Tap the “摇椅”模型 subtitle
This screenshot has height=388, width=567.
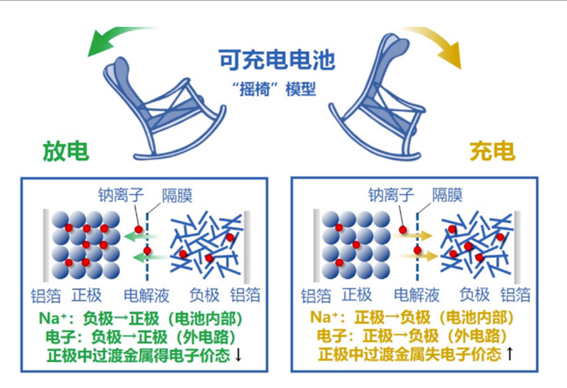(x=277, y=89)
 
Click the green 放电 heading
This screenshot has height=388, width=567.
(x=66, y=151)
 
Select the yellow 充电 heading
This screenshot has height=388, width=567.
(x=492, y=151)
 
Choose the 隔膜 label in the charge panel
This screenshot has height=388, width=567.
(x=447, y=195)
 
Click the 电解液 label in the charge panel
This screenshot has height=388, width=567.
(x=417, y=294)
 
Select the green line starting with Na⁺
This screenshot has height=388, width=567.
(x=148, y=319)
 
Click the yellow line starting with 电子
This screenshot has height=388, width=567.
(x=414, y=337)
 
